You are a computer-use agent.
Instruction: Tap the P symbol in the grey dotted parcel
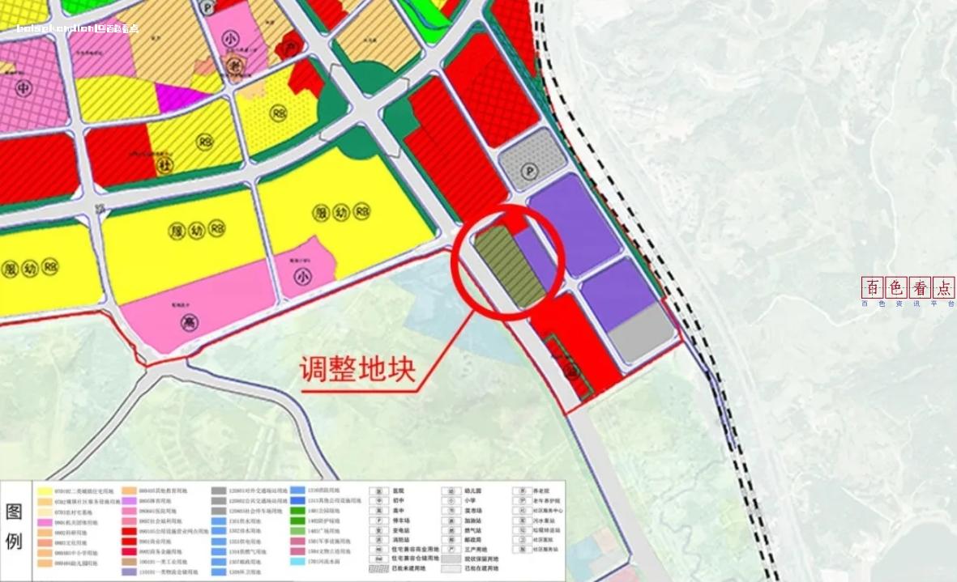pyautogui.click(x=531, y=172)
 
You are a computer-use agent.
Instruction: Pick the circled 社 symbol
pyautogui.click(x=166, y=165)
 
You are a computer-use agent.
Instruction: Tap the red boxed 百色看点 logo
pyautogui.click(x=908, y=287)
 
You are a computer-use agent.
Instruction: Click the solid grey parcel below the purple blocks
pyautogui.click(x=641, y=332)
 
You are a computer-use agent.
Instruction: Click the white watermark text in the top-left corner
pyautogui.click(x=78, y=28)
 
